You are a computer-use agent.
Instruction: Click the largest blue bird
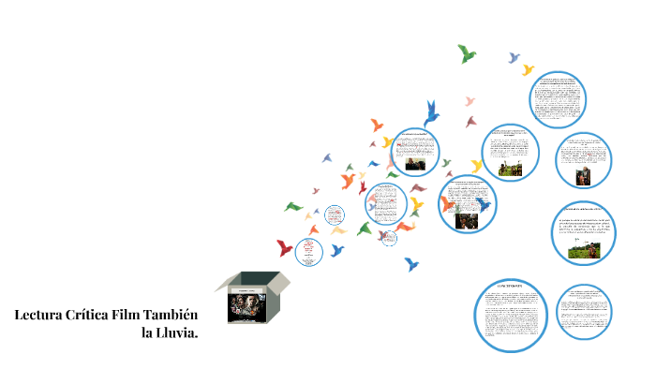point(432,112)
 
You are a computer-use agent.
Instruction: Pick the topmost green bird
point(467,53)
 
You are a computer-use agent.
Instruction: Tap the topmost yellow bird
point(528,69)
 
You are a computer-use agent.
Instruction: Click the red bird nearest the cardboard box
point(285,247)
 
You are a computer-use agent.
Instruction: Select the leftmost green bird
point(294,206)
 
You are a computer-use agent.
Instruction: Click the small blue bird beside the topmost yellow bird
point(513,57)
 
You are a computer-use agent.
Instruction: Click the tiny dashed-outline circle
point(388,238)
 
